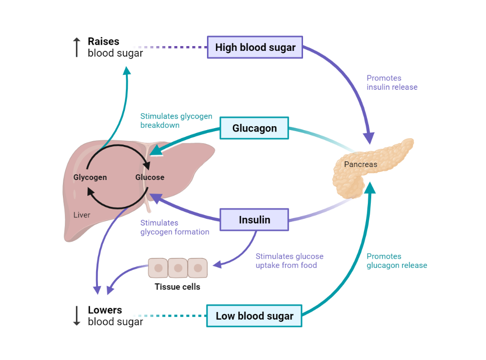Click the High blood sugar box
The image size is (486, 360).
coord(255,47)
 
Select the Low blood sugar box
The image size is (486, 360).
coord(254,316)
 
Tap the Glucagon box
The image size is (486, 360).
coord(254,128)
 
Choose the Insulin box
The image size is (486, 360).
coord(254,220)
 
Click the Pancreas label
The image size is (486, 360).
coord(361,164)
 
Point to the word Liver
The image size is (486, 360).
coord(82,215)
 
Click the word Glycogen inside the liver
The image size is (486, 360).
coord(90,177)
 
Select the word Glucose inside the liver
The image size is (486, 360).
coord(150,177)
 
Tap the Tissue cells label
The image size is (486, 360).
coord(177,287)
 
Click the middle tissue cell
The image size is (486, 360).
coord(178,268)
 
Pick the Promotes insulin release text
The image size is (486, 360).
coord(392,83)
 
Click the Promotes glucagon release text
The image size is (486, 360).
coord(397,261)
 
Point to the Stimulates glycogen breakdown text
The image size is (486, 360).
coord(176,120)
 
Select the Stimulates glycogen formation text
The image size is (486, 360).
coord(175,227)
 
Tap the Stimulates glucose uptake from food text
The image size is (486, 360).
coord(290,261)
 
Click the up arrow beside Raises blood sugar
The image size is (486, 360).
coord(76,47)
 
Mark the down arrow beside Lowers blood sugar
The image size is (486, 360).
coord(76,316)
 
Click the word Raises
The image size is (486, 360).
coord(103,42)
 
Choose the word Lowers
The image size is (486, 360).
coord(105,310)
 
